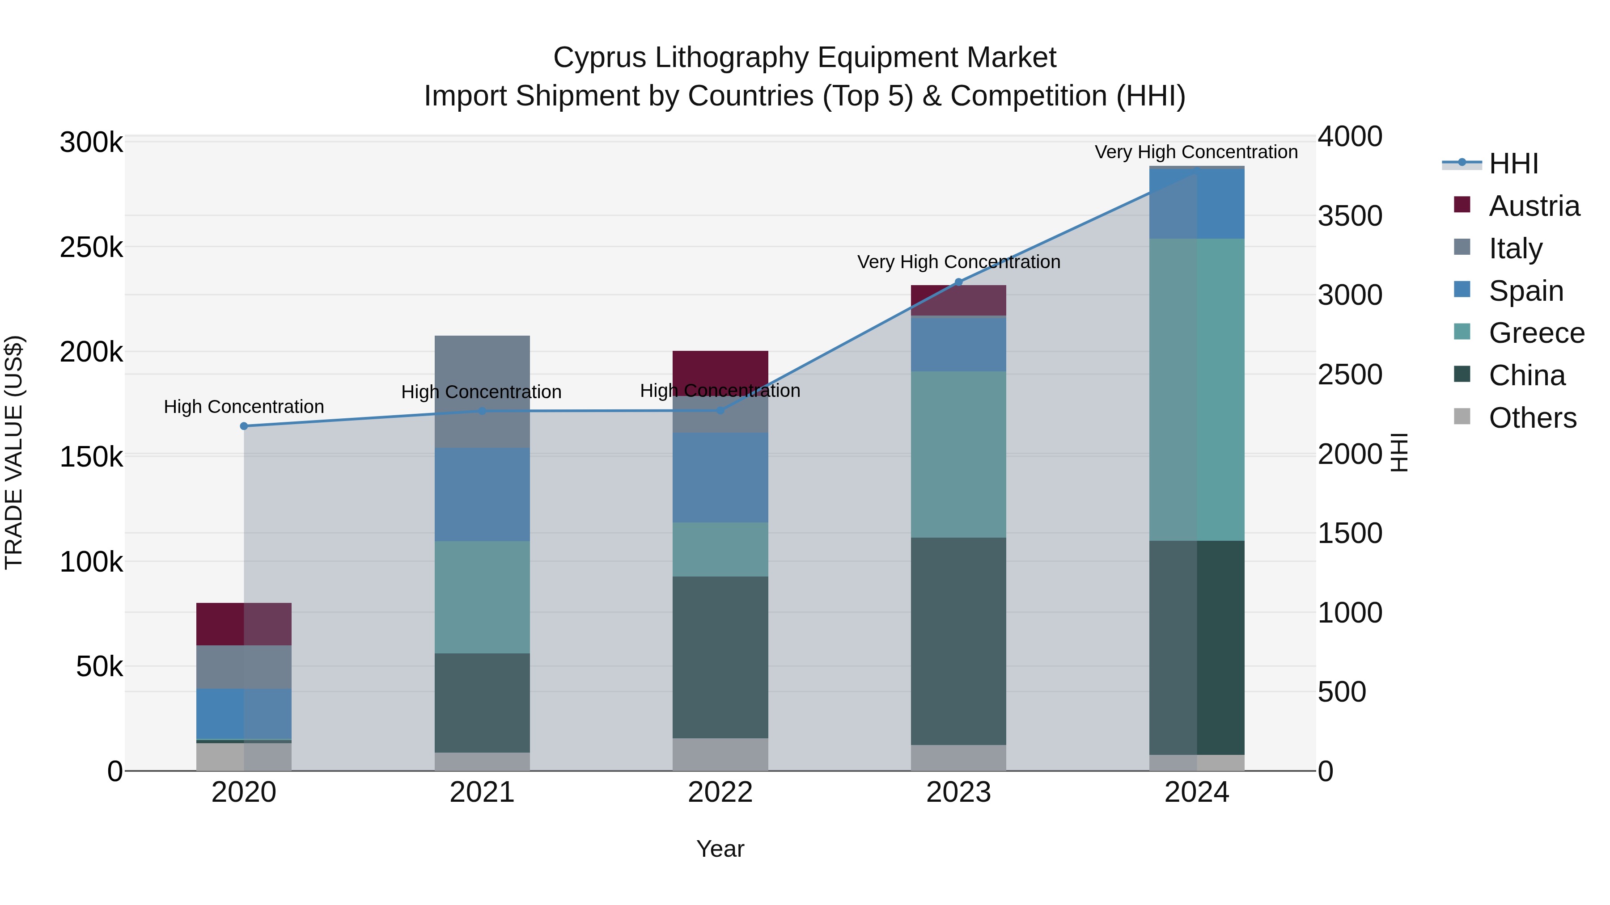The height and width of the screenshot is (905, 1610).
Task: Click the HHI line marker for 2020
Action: (x=244, y=426)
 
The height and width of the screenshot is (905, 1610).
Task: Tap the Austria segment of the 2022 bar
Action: (x=720, y=372)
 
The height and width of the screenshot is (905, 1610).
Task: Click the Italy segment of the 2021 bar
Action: (x=482, y=391)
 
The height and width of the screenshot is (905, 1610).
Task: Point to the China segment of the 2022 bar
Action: (x=720, y=657)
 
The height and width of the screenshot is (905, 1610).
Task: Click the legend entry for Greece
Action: (x=1536, y=333)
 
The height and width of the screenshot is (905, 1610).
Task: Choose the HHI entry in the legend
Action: (x=1513, y=164)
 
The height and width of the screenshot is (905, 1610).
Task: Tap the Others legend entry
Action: (x=1532, y=418)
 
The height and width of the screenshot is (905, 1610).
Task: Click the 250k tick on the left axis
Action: (x=91, y=247)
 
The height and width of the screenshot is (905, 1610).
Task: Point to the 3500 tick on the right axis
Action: (x=1350, y=216)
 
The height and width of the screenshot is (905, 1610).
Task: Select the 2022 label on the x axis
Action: (x=720, y=792)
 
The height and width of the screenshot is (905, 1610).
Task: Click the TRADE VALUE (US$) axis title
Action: (x=14, y=452)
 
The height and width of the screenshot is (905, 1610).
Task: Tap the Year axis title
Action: (x=720, y=849)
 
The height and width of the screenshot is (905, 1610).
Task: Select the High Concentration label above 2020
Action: (x=244, y=407)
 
